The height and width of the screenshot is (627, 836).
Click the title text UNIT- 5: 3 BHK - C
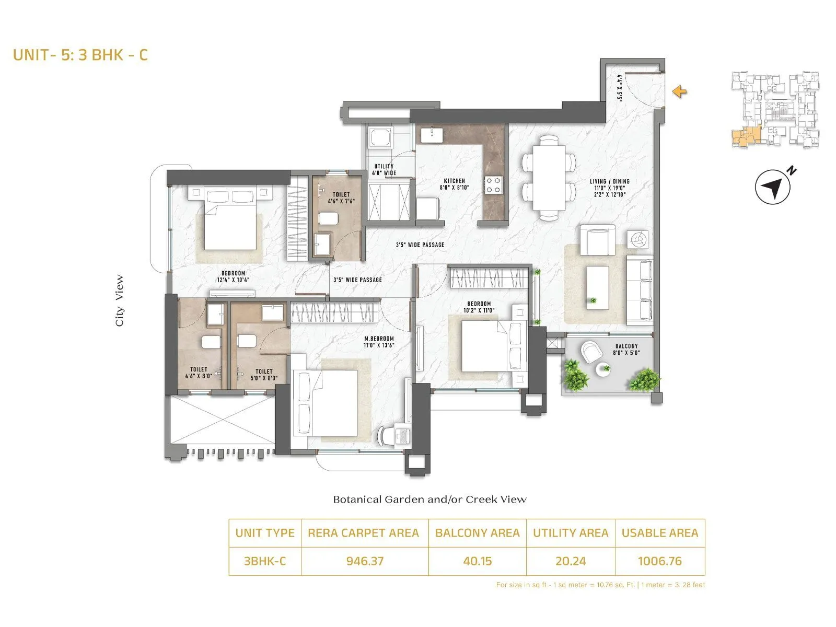pos(80,55)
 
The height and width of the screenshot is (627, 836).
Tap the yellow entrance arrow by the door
pos(679,92)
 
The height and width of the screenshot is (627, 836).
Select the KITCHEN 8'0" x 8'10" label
pos(454,184)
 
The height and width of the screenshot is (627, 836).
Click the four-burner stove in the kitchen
pos(494,184)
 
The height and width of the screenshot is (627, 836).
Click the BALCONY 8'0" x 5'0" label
pos(626,349)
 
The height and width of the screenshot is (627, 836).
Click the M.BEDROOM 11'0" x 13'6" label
pos(379,342)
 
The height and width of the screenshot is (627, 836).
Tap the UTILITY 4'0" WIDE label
pos(384,169)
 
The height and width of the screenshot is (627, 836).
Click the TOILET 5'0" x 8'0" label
pos(264,375)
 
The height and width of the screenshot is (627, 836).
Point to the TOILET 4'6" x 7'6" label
pos(341,198)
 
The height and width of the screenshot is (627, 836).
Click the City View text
pos(120,301)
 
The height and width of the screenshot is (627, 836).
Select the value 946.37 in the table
pos(365,561)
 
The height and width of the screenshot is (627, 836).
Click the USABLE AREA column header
pos(659,533)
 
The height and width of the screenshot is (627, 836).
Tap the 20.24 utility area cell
pos(570,561)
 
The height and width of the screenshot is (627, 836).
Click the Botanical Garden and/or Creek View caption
pos(429,500)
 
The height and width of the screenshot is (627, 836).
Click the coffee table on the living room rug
pos(597,287)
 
